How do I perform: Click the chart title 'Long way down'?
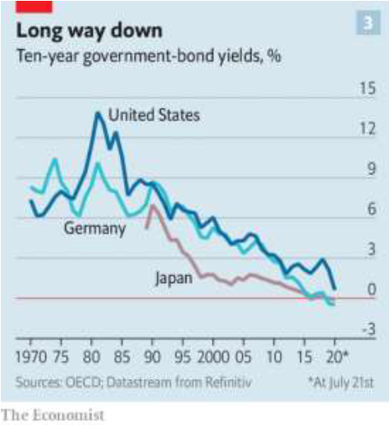[89, 31]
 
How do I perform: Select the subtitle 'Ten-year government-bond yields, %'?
[149, 57]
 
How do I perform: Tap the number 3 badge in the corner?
[368, 23]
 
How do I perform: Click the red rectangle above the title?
[34, 7]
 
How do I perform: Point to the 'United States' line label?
[154, 115]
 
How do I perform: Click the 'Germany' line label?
[94, 228]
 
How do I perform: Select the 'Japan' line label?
[174, 278]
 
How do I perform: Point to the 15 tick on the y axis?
[368, 89]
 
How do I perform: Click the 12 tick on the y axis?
[368, 128]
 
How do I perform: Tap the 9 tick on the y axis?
[372, 168]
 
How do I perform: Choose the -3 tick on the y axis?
[369, 329]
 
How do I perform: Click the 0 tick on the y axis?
[372, 289]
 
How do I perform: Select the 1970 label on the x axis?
[31, 357]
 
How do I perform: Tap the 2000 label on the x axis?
[213, 357]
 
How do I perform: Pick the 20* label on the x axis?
[337, 357]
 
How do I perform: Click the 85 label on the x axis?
[122, 357]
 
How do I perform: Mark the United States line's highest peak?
[98, 113]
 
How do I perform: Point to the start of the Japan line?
[147, 227]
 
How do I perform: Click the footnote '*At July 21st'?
[341, 382]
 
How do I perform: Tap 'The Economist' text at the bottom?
[53, 415]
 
